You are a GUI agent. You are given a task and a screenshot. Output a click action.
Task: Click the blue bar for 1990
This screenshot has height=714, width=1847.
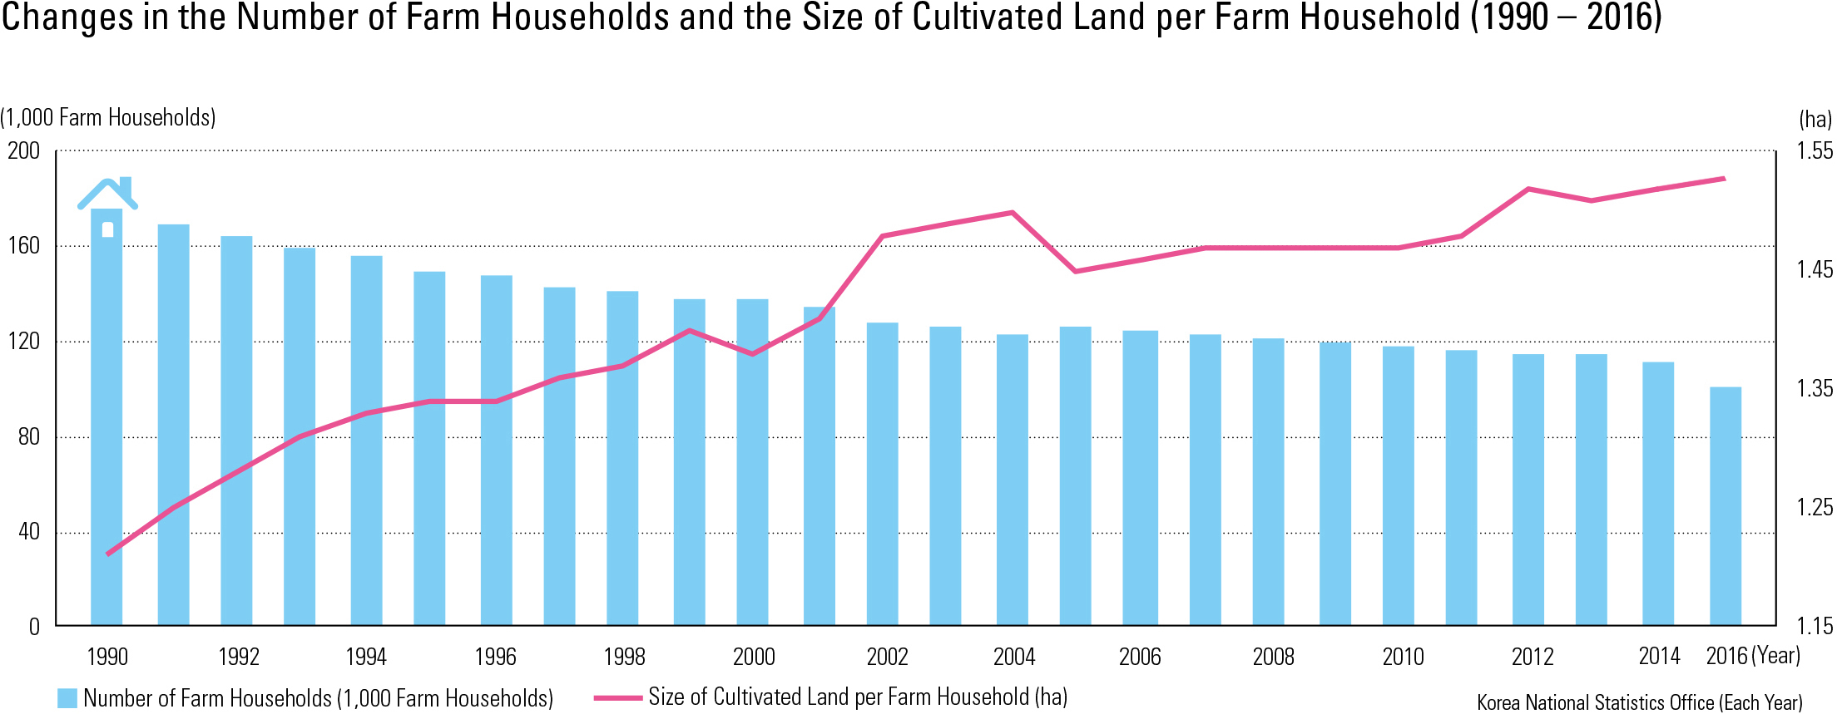(x=106, y=416)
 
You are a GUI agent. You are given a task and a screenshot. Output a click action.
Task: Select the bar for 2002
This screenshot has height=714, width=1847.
(x=882, y=474)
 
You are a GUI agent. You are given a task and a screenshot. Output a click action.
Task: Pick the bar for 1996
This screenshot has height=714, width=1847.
(x=496, y=449)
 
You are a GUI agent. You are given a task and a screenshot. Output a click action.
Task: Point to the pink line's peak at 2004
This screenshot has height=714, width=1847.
(x=1012, y=213)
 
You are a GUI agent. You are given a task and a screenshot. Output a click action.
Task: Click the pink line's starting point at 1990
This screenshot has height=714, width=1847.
(x=108, y=554)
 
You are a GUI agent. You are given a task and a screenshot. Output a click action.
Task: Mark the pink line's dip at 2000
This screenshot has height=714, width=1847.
(x=752, y=354)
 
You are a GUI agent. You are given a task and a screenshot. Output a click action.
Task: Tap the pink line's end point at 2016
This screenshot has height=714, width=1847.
(x=1724, y=179)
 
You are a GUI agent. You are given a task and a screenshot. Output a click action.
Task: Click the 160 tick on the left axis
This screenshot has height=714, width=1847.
(x=23, y=246)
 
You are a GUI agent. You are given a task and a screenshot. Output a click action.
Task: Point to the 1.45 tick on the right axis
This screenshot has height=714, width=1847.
(x=1814, y=270)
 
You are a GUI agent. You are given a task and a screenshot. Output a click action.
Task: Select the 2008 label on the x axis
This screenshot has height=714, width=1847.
(x=1273, y=657)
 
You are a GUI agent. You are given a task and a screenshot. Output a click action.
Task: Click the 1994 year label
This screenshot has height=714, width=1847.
(x=366, y=657)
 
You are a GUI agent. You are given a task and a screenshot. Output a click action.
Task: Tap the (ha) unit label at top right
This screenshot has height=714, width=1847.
(x=1815, y=120)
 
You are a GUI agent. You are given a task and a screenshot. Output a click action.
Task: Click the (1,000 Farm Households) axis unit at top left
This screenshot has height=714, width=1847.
(x=108, y=118)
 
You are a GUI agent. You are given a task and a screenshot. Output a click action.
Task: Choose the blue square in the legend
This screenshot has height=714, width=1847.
(x=67, y=698)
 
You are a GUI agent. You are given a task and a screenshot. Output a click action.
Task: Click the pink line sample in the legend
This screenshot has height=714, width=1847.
(x=617, y=698)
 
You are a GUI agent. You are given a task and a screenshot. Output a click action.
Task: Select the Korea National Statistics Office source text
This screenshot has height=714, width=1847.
(x=1639, y=703)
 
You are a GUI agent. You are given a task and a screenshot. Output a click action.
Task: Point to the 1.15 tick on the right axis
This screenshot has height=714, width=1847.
(x=1814, y=627)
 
